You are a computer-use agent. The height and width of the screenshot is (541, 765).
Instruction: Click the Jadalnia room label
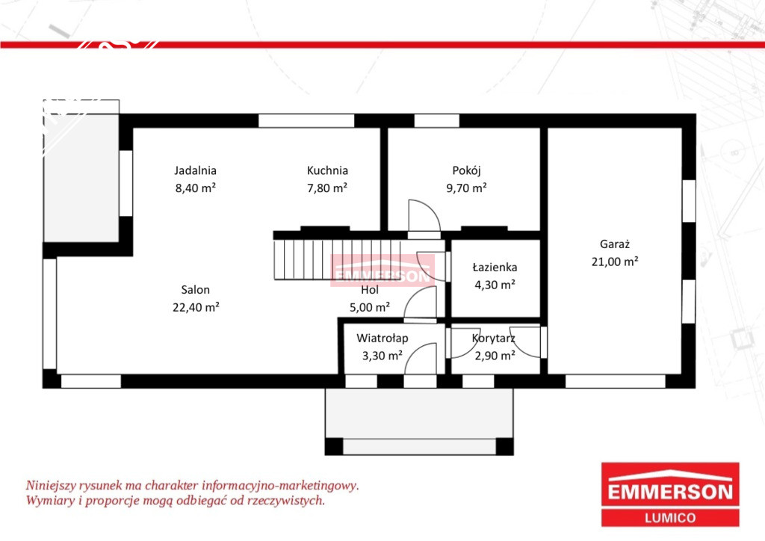pyautogui.click(x=195, y=170)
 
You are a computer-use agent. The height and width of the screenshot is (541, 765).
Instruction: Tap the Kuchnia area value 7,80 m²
pyautogui.click(x=327, y=188)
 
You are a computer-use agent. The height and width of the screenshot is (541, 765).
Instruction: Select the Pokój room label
pyautogui.click(x=466, y=170)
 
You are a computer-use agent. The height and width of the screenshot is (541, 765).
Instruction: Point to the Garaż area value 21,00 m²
pyautogui.click(x=615, y=262)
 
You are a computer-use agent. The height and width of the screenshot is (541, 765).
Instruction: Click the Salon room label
pyautogui.click(x=195, y=290)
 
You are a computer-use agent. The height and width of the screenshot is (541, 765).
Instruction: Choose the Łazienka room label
pyautogui.click(x=495, y=268)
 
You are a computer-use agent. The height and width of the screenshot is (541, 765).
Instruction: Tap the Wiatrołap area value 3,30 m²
pyautogui.click(x=382, y=356)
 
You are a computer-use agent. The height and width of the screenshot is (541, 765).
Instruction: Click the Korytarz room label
pyautogui.click(x=493, y=338)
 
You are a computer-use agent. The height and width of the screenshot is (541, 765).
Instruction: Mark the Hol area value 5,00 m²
pyautogui.click(x=369, y=307)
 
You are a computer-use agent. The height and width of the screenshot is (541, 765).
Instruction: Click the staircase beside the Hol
pyautogui.click(x=337, y=259)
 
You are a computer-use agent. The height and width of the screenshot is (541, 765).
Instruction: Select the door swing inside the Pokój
pyautogui.click(x=424, y=216)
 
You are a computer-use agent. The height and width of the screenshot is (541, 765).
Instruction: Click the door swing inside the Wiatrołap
pyautogui.click(x=420, y=359)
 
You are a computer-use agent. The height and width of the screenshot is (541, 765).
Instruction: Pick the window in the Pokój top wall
pyautogui.click(x=436, y=120)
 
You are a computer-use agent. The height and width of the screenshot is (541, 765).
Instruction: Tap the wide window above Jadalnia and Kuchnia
pyautogui.click(x=306, y=120)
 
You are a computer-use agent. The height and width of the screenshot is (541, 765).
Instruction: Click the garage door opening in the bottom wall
pyautogui.click(x=616, y=381)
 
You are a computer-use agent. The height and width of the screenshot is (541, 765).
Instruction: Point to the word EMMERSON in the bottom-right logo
pyautogui.click(x=670, y=492)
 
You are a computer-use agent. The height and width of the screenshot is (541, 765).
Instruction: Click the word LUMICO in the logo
pyautogui.click(x=670, y=518)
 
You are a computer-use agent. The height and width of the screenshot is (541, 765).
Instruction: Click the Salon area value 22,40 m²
pyautogui.click(x=195, y=307)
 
